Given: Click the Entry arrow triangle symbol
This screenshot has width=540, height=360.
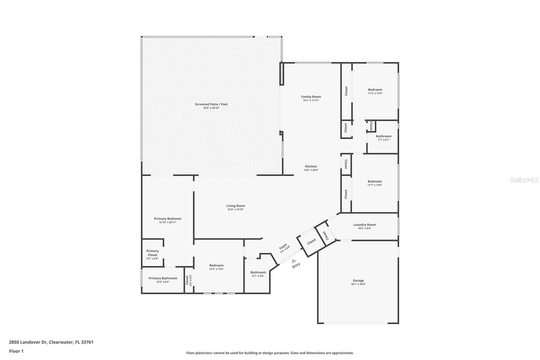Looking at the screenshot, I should (x=294, y=261).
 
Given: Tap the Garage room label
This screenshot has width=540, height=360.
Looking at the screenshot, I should (x=358, y=281).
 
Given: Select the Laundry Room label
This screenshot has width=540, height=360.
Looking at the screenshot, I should (x=364, y=225).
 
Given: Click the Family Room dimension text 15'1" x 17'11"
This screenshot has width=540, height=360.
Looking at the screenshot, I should (x=311, y=100).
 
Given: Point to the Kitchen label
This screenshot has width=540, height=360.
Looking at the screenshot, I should (x=311, y=166).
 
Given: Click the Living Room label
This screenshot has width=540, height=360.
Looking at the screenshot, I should (x=236, y=206).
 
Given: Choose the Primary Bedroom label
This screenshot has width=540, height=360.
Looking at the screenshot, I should (x=167, y=218).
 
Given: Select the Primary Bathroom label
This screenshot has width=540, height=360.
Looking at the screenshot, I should (x=163, y=278).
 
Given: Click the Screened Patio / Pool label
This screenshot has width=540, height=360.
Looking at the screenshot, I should (x=211, y=104).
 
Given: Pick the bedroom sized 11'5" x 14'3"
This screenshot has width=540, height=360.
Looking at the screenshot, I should (x=375, y=91).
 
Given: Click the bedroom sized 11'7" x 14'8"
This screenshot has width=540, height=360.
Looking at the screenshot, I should (x=375, y=183).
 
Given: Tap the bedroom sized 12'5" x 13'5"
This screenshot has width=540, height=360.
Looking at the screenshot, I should (x=216, y=267).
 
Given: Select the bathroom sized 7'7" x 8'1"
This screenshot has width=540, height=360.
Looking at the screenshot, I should (x=383, y=137).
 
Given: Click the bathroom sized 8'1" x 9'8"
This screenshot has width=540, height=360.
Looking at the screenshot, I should (x=258, y=274).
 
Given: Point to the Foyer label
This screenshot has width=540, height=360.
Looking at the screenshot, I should (x=283, y=247).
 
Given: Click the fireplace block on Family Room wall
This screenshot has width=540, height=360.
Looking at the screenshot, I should (x=281, y=74).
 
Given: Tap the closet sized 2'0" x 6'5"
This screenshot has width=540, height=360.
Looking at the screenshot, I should (x=188, y=280).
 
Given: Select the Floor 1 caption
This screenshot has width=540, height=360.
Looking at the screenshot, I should (x=16, y=351).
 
